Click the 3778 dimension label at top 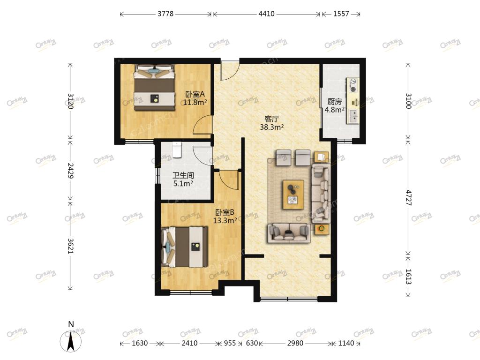click(x=165, y=14)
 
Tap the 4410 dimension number click(x=266, y=14)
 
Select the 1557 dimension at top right click(x=341, y=14)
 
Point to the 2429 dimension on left click(x=70, y=171)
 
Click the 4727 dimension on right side click(x=409, y=198)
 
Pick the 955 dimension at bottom click(x=230, y=343)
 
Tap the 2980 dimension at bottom click(x=295, y=343)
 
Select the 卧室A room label click(x=195, y=94)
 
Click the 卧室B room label click(x=225, y=212)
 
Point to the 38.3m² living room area click(x=271, y=127)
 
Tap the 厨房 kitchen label click(x=334, y=101)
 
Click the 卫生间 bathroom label click(x=183, y=175)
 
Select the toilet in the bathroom click(x=177, y=150)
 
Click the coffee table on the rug click(x=293, y=195)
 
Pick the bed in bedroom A click(x=154, y=87)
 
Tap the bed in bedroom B click(x=184, y=247)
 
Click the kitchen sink click(x=352, y=116)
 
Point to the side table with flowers click(x=322, y=229)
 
